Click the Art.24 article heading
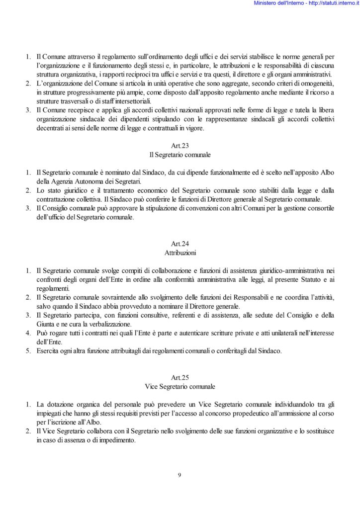click(180, 244)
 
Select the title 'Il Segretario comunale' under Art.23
click(180, 155)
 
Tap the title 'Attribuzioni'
click(180, 253)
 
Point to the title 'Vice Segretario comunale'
click(180, 386)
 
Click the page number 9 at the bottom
click(180, 475)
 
